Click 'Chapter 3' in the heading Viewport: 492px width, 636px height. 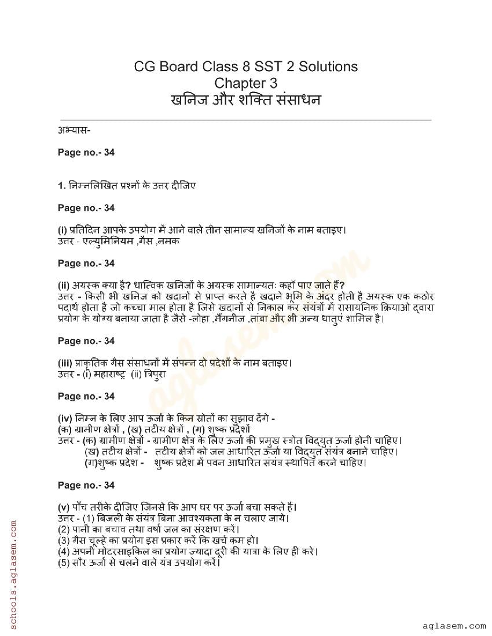(x=245, y=83)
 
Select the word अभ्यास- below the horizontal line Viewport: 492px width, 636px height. (x=74, y=129)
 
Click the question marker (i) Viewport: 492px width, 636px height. (x=63, y=230)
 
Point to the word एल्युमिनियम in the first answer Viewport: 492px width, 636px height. (x=108, y=241)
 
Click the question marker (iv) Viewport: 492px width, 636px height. (x=65, y=418)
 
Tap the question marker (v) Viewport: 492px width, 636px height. (x=64, y=507)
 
